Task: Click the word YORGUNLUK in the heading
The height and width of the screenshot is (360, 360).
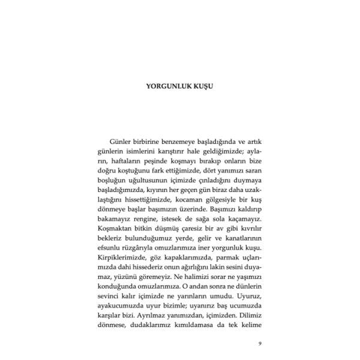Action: click(x=171, y=86)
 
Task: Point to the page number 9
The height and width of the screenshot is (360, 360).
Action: click(x=259, y=344)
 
